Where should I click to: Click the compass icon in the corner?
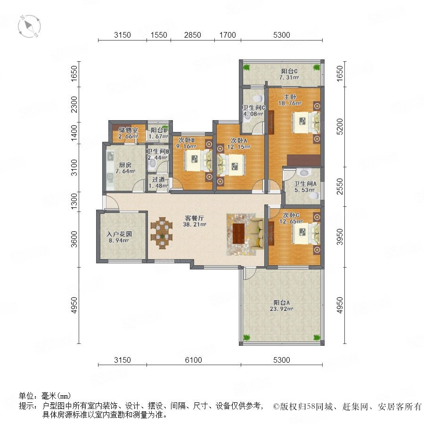(29, 26)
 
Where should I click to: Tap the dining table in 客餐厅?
(162, 233)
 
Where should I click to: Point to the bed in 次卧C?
(306, 233)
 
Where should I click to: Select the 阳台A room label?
(282, 302)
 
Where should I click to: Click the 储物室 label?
(128, 130)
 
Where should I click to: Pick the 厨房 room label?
(125, 165)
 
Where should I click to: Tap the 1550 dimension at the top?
(159, 35)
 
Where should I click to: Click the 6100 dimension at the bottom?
(193, 360)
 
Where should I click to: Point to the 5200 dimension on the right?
(340, 127)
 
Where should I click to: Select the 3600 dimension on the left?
(74, 239)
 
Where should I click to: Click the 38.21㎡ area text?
(195, 224)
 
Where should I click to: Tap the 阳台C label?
(289, 72)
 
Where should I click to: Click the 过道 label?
(158, 179)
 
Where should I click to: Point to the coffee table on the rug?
(239, 234)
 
